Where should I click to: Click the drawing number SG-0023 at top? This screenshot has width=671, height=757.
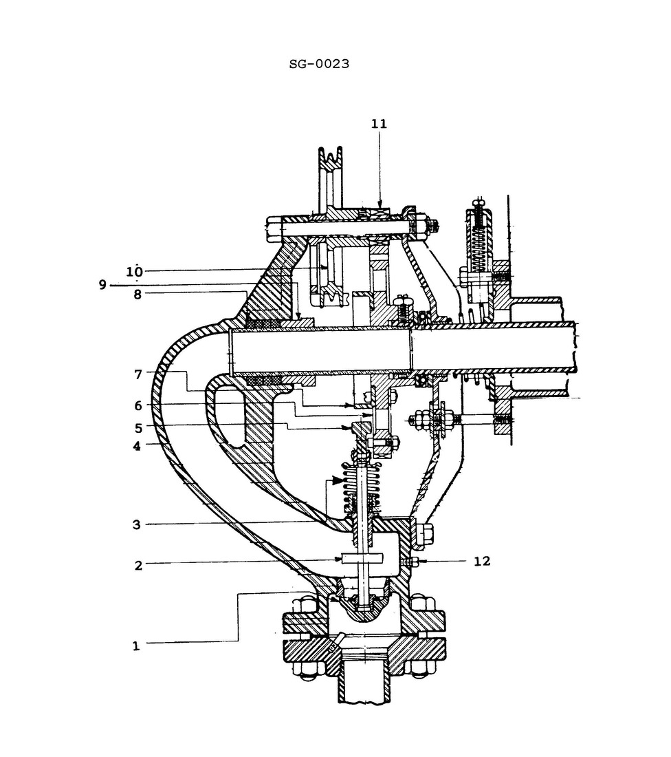click(x=319, y=64)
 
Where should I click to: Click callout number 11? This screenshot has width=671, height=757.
click(x=379, y=124)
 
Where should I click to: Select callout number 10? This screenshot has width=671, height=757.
click(x=135, y=270)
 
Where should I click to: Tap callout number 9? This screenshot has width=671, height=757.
click(x=102, y=284)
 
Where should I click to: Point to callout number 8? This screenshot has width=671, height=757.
click(x=137, y=294)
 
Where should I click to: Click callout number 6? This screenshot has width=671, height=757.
click(x=137, y=405)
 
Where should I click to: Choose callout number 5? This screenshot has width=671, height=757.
click(x=137, y=427)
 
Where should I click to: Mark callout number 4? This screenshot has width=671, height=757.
click(x=137, y=445)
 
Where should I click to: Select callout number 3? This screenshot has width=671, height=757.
click(x=137, y=524)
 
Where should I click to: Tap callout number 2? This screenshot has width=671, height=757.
click(x=138, y=565)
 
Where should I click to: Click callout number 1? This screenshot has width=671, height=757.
click(x=136, y=646)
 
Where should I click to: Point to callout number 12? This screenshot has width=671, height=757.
click(x=482, y=561)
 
